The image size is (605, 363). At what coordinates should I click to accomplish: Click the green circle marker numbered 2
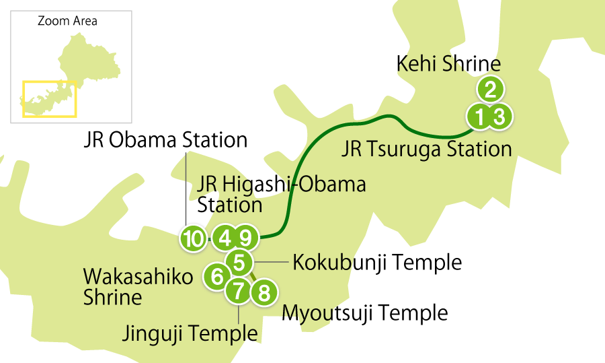point(491,89)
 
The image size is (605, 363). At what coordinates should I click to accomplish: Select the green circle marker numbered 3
point(499,117)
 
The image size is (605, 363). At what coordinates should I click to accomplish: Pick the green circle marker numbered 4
point(225,238)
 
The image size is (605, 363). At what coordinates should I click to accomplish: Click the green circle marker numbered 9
point(246,238)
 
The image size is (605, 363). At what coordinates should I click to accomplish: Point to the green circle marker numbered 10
point(194,238)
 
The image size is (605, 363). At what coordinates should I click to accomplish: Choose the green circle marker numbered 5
point(239,261)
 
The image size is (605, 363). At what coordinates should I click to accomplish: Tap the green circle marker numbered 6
point(216,276)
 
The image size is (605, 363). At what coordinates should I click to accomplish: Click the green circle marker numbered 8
point(263,293)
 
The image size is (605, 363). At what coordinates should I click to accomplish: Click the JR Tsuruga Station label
point(427,149)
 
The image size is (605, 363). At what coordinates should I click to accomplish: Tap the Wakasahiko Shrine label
point(138,286)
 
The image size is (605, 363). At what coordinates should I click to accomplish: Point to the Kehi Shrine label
point(447,65)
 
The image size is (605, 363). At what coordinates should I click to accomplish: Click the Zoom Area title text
point(67,21)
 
